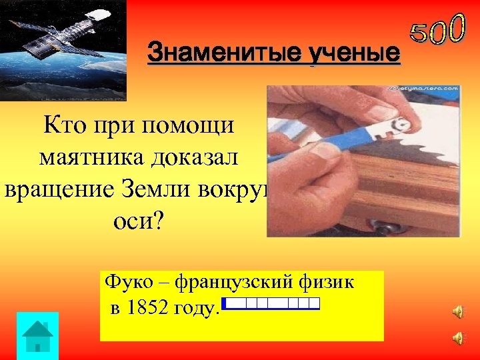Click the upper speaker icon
tap(458, 311)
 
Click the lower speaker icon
tap(458, 338)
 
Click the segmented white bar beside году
tap(271, 304)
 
